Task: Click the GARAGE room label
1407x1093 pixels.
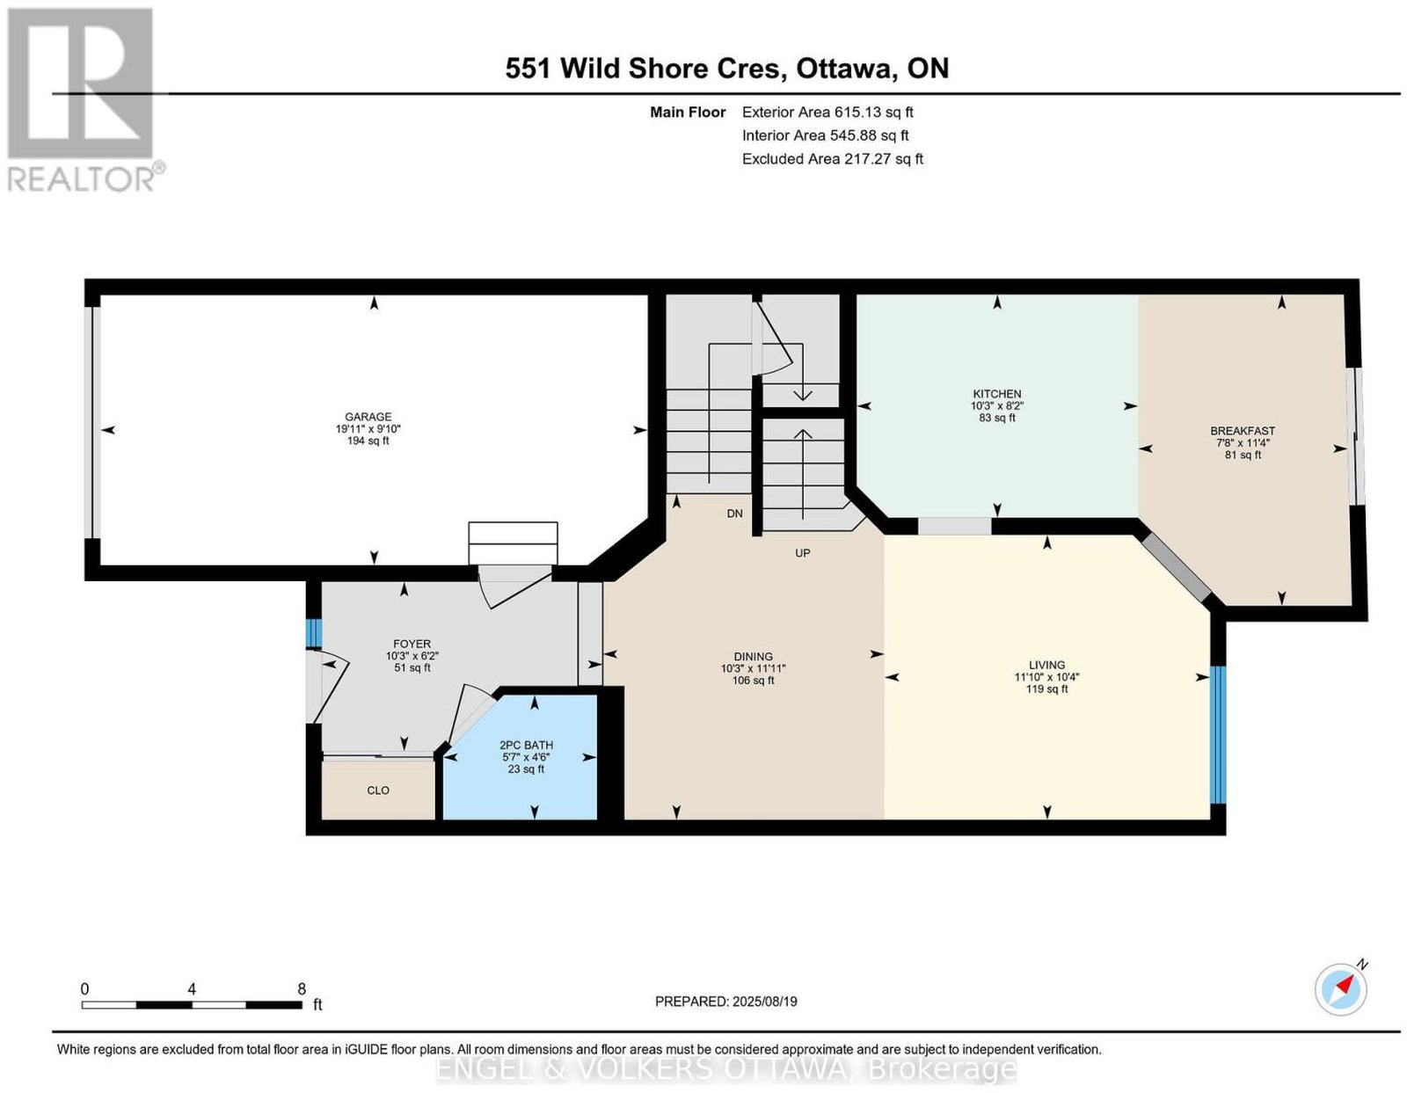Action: click(368, 417)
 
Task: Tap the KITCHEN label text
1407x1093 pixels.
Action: click(996, 393)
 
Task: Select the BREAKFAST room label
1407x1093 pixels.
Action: click(1243, 430)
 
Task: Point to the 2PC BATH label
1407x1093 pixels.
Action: click(526, 745)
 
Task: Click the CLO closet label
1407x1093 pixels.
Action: click(378, 791)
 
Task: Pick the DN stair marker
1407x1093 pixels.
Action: click(734, 514)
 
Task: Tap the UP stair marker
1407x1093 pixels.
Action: click(802, 552)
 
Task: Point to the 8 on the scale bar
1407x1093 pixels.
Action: click(302, 989)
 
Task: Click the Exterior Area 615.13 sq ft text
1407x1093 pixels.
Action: click(827, 112)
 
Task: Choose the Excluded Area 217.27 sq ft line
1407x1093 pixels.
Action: click(833, 158)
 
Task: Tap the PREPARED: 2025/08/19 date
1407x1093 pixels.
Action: click(725, 1001)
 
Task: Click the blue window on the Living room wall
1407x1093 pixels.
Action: click(1218, 734)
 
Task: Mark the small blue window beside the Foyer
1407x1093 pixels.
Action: click(313, 633)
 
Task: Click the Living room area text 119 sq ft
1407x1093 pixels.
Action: click(1046, 689)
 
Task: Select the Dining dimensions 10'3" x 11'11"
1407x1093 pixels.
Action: click(753, 668)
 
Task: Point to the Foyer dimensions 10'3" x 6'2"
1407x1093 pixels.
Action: click(412, 656)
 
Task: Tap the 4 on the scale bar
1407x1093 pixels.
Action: click(192, 989)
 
